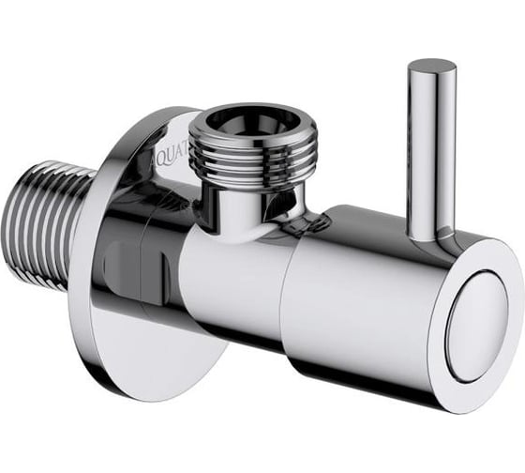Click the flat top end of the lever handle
[431, 69]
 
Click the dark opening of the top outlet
[238, 119]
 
